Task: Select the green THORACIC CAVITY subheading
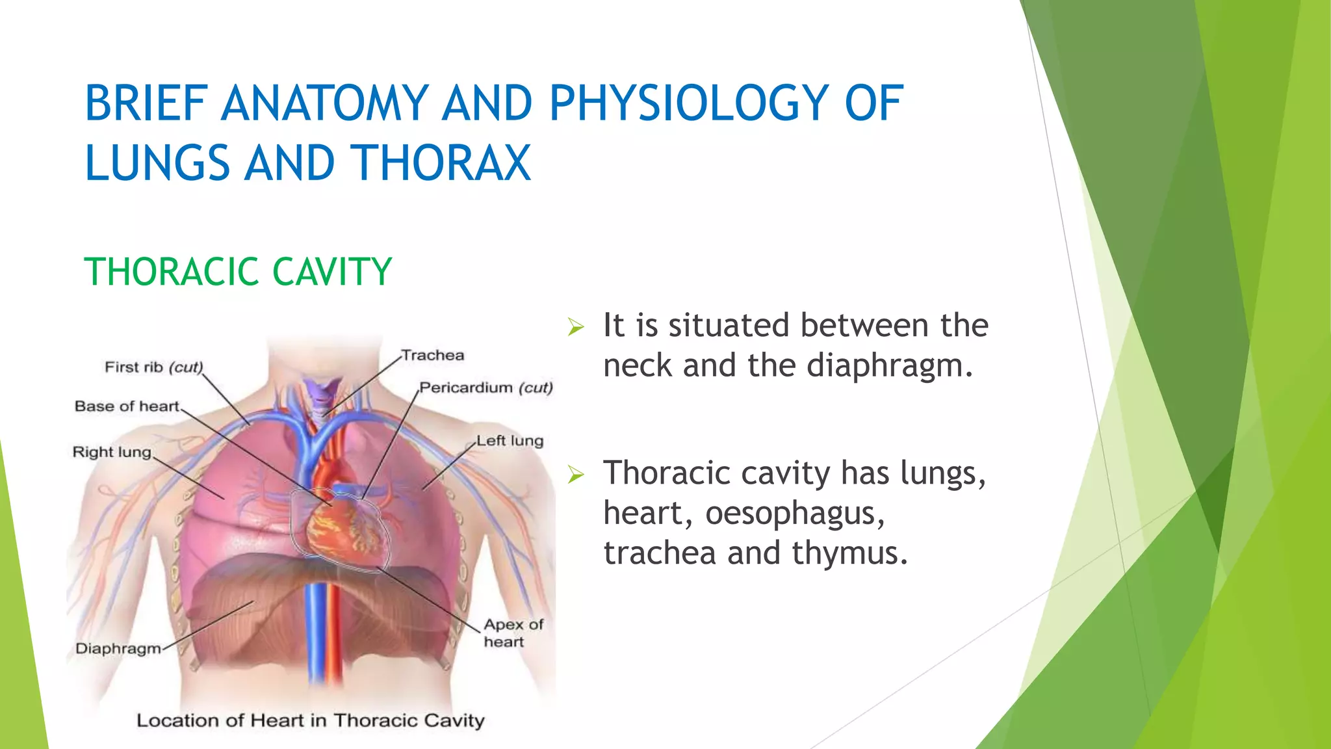pos(238,272)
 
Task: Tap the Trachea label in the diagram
pos(433,356)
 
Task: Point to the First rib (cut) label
pos(154,367)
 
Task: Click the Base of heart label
pos(127,406)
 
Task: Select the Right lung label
pos(112,452)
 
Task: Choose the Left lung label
pos(510,441)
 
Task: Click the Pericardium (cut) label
pos(485,388)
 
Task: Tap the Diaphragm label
pos(118,648)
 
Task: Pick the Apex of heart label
pos(513,633)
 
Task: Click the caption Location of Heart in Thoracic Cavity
pos(311,720)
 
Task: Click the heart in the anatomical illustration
pos(341,527)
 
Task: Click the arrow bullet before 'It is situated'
pos(576,327)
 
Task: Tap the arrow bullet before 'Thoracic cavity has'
pos(576,475)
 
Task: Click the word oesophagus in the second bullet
pos(794,513)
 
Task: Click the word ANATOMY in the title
pos(324,103)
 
